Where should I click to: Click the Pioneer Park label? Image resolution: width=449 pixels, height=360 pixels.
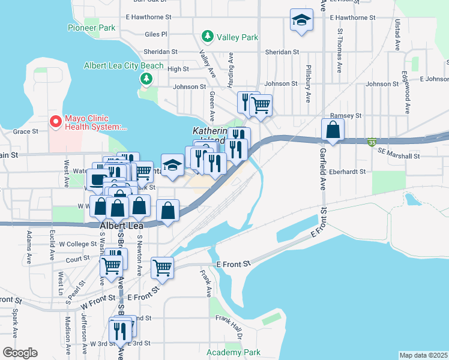click(91, 28)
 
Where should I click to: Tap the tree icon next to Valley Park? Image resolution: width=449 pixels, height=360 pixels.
click(208, 37)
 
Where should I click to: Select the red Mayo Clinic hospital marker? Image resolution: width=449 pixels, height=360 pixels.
click(55, 122)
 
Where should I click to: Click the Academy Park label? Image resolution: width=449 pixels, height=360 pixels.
click(234, 352)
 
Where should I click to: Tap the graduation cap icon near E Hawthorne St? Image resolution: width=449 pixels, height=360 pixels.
click(301, 20)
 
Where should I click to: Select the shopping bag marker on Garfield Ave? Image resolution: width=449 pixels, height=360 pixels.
click(333, 130)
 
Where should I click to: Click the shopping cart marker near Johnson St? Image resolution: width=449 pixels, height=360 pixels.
click(261, 105)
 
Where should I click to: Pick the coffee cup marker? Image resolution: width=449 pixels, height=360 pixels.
click(97, 178)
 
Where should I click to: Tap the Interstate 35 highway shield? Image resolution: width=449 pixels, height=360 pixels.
click(372, 143)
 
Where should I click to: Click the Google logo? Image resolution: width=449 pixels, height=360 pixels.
click(20, 352)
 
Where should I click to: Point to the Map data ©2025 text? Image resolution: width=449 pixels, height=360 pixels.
click(423, 355)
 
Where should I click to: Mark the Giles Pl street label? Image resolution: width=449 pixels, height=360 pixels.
click(155, 34)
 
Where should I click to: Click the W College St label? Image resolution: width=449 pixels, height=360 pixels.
click(77, 244)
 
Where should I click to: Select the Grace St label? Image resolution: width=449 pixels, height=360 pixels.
click(26, 131)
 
